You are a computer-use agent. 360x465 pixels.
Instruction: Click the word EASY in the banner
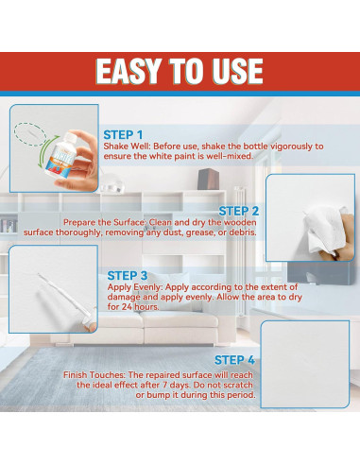pyautogui.click(x=127, y=72)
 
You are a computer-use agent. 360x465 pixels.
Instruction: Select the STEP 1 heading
pyautogui.click(x=123, y=135)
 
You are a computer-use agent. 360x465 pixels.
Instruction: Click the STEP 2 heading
pyautogui.click(x=239, y=211)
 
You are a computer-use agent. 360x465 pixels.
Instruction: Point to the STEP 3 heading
pyautogui.click(x=128, y=276)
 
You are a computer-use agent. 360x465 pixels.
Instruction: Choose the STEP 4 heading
pyautogui.click(x=234, y=360)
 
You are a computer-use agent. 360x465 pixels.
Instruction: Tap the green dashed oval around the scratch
pyautogui.click(x=30, y=134)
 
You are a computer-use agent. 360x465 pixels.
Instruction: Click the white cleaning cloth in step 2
pyautogui.click(x=324, y=229)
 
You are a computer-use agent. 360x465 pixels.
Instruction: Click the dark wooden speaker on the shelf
pyautogui.click(x=208, y=179)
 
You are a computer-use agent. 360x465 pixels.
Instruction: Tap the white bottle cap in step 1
pyautogui.click(x=69, y=137)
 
